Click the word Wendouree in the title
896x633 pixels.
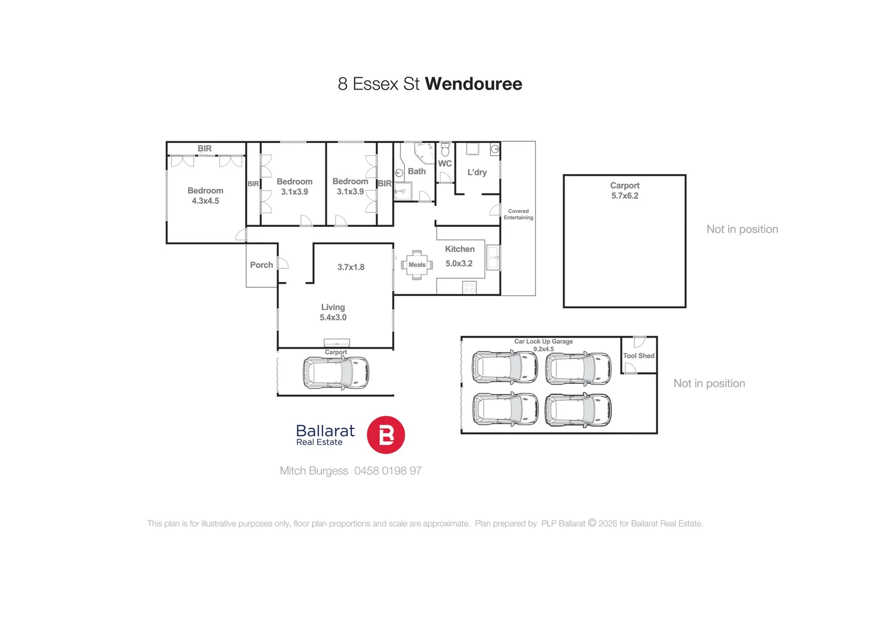point(473,84)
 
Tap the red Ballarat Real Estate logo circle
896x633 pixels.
point(385,435)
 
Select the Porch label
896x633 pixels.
point(262,265)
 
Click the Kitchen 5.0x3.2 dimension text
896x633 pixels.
point(459,264)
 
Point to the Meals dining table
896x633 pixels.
point(417,264)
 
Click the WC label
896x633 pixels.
point(444,164)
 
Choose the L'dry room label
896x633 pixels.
point(477,172)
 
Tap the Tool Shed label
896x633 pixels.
point(639,356)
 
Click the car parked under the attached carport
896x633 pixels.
point(336,373)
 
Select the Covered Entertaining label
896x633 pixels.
point(518,215)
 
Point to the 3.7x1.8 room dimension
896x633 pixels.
point(351,267)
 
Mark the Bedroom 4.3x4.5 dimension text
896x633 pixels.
point(205,201)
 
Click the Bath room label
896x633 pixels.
point(416,171)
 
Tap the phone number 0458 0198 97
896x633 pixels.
point(388,471)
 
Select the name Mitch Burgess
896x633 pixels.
point(314,471)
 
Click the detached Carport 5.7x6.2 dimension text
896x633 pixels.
point(625,196)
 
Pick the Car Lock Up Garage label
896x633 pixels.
point(544,341)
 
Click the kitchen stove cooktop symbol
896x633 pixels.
point(469,287)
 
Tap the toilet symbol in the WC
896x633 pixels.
point(445,150)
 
